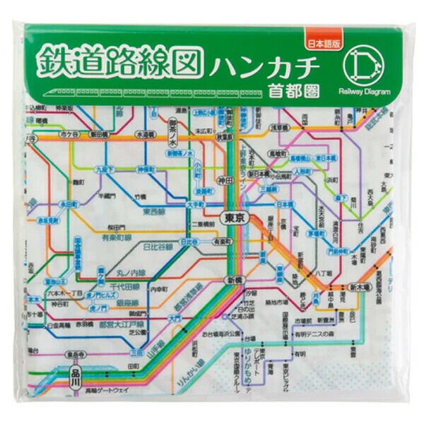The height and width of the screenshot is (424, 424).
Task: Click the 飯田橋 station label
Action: pos(99,134)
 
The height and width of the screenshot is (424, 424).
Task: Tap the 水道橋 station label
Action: pos(146,134)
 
